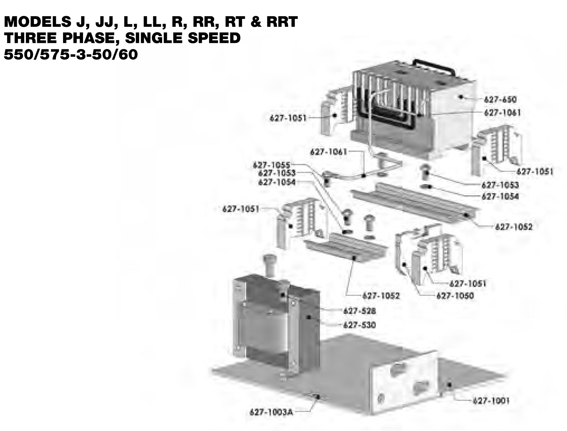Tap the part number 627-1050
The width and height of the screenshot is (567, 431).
455,296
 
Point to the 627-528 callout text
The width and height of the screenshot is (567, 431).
360,311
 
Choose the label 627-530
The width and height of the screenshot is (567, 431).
360,325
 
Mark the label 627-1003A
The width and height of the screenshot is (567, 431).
271,412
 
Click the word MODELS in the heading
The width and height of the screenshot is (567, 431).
38,21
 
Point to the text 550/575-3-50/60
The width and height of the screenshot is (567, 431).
71,54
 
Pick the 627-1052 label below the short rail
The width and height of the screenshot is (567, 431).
381,296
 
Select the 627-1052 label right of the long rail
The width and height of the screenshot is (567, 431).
514,227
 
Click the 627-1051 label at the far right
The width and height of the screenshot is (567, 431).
534,172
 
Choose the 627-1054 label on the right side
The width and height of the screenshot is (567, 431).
500,196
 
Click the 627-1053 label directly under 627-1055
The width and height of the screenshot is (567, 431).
277,173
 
